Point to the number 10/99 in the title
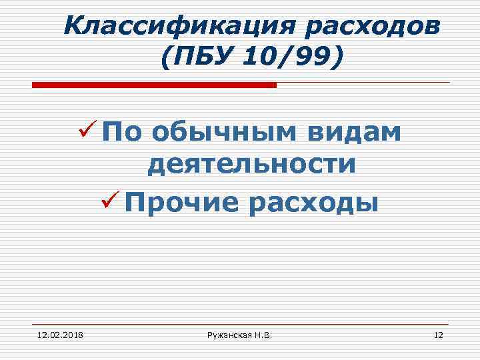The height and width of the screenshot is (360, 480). pyautogui.click(x=289, y=57)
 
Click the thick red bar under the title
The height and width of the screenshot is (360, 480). pyautogui.click(x=154, y=85)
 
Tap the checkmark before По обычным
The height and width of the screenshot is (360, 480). pyautogui.click(x=90, y=129)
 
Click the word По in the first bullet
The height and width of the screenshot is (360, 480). pyautogui.click(x=123, y=132)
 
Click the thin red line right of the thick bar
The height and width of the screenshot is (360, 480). pyautogui.click(x=363, y=83)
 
